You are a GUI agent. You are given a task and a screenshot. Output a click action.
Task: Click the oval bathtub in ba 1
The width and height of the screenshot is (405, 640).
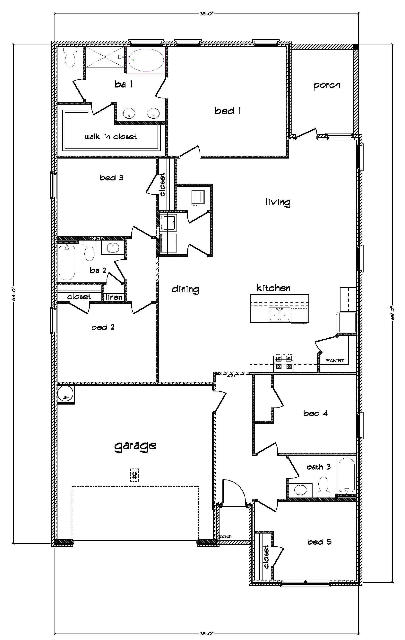point(146,60)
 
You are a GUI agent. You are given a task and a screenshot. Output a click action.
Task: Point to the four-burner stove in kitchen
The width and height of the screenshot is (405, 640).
point(284,363)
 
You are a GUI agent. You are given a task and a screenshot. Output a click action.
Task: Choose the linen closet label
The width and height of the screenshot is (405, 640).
point(114,297)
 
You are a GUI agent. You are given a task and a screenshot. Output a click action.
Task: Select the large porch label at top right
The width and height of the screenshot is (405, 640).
point(327,85)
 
